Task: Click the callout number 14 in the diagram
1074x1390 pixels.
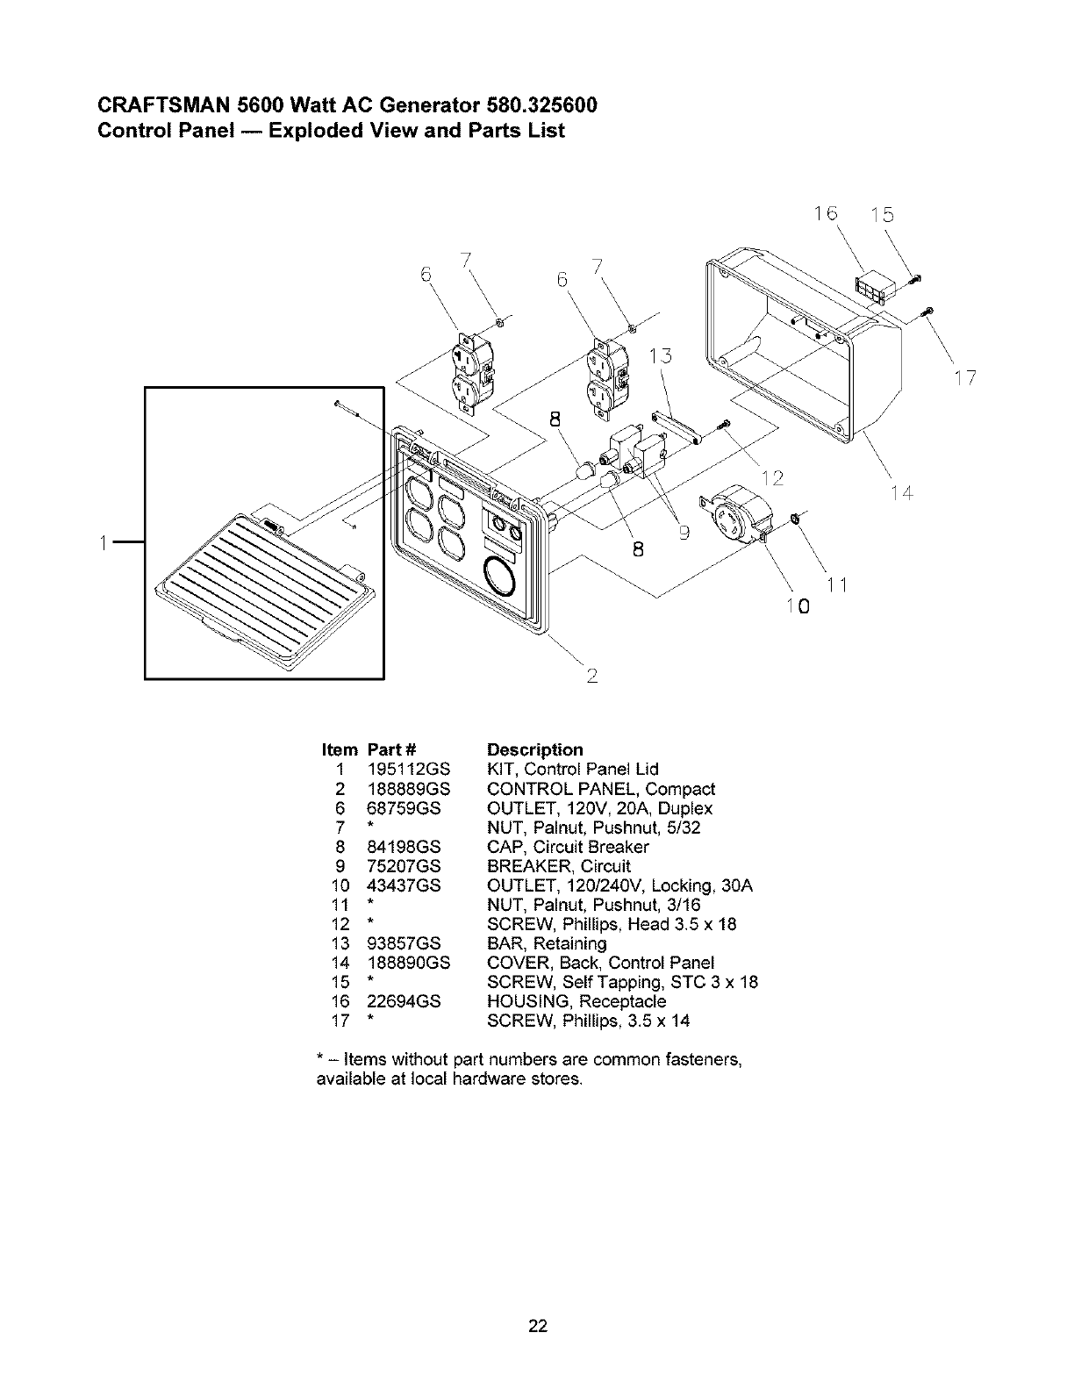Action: tap(902, 494)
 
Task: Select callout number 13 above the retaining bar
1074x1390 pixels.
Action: tap(660, 355)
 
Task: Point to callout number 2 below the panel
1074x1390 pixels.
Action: tap(592, 675)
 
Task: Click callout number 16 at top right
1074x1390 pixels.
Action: tap(825, 213)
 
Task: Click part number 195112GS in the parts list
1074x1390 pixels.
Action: tap(408, 770)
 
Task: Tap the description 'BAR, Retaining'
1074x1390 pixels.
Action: tap(547, 943)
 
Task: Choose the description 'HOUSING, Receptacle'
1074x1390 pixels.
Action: tap(576, 1001)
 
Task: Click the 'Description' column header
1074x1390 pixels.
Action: tap(534, 749)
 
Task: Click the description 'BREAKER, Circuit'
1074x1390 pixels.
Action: tap(558, 866)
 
